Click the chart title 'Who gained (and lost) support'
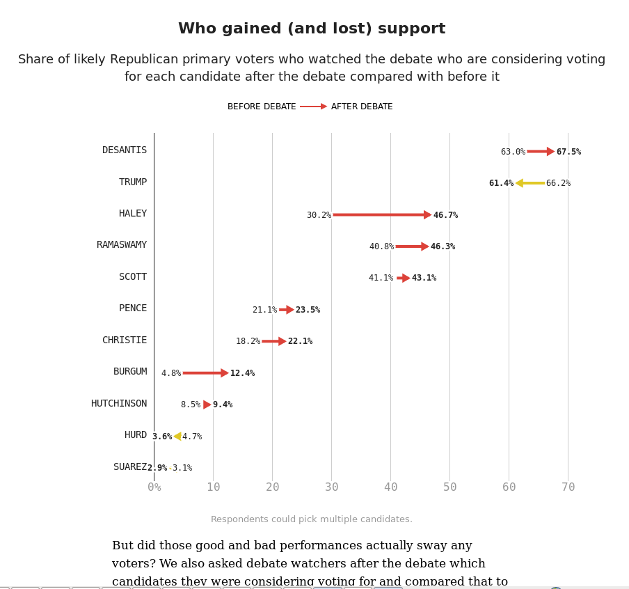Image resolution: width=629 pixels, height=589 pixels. pyautogui.click(x=312, y=29)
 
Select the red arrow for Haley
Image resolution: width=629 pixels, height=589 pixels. pyautogui.click(x=381, y=215)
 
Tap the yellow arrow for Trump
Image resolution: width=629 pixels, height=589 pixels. pyautogui.click(x=530, y=183)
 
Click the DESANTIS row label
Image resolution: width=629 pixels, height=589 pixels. pyautogui.click(x=125, y=150)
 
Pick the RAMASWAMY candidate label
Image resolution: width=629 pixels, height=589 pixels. pyautogui.click(x=122, y=245)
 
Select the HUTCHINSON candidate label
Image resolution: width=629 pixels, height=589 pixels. pyautogui.click(x=119, y=404)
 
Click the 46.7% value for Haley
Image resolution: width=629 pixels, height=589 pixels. pyautogui.click(x=445, y=215)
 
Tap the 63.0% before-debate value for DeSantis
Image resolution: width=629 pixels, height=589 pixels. pyautogui.click(x=513, y=152)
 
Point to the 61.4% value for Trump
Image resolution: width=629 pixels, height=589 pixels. pyautogui.click(x=501, y=183)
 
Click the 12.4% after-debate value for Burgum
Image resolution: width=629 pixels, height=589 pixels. pyautogui.click(x=242, y=373)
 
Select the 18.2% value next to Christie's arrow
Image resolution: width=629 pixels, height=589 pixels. pyautogui.click(x=248, y=341)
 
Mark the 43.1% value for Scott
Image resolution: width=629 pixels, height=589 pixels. pyautogui.click(x=424, y=278)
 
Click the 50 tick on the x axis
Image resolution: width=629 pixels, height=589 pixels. pyautogui.click(x=450, y=487)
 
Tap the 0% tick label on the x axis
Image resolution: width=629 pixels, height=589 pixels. pyautogui.click(x=154, y=487)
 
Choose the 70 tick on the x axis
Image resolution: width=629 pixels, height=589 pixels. pyautogui.click(x=568, y=487)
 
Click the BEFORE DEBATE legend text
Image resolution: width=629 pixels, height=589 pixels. pyautogui.click(x=262, y=107)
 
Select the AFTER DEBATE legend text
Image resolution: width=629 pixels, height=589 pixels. pyautogui.click(x=362, y=107)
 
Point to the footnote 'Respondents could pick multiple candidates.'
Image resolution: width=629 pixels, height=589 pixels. pyautogui.click(x=312, y=519)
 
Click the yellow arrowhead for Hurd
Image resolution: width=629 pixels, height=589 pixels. pyautogui.click(x=177, y=437)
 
